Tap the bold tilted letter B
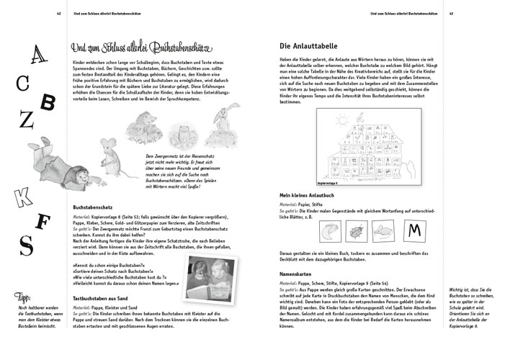tap(47, 103)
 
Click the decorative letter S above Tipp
tap(25, 246)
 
